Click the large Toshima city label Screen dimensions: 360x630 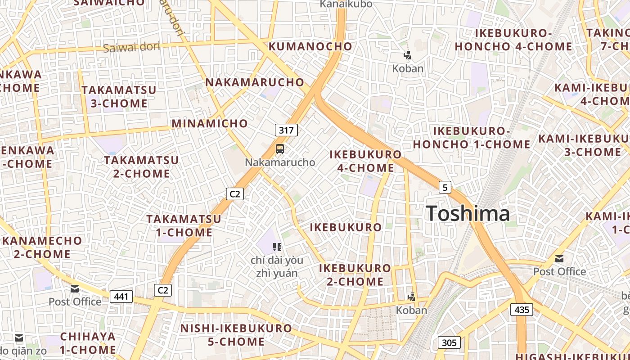pyautogui.click(x=468, y=213)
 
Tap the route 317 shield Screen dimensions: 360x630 pyautogui.click(x=286, y=130)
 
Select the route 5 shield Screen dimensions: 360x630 pyautogui.click(x=445, y=187)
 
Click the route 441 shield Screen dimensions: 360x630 pyautogui.click(x=121, y=297)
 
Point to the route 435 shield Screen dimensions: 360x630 pyautogui.click(x=522, y=310)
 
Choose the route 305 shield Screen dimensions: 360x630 pyautogui.click(x=449, y=343)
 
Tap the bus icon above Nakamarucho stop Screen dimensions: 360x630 pyautogui.click(x=280, y=148)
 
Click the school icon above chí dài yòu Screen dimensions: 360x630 pyautogui.click(x=277, y=247)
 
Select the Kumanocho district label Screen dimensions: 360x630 pyautogui.click(x=310, y=46)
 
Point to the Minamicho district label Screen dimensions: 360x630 pyautogui.click(x=210, y=123)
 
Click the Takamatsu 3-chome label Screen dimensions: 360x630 pyautogui.click(x=119, y=97)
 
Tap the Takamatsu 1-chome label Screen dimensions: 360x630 pyautogui.click(x=184, y=226)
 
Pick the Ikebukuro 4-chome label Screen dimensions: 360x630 pyautogui.click(x=365, y=161)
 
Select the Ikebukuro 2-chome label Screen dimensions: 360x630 pyautogui.click(x=355, y=275)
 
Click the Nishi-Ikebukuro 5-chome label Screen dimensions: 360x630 pyautogui.click(x=236, y=335)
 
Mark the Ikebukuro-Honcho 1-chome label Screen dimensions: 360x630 pyautogui.click(x=472, y=138)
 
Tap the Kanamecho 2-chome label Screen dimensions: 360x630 pyautogui.click(x=42, y=247)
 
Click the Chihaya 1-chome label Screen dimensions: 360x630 pyautogui.click(x=88, y=343)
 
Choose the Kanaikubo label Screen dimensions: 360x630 pyautogui.click(x=346, y=4)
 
